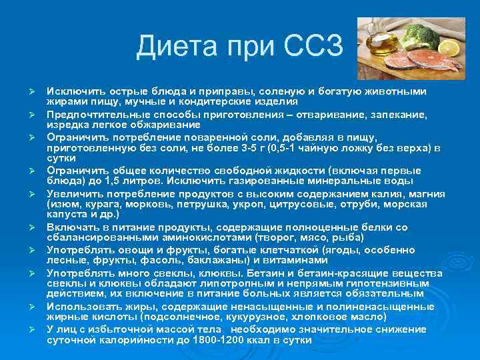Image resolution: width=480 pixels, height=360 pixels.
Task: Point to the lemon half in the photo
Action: pyautogui.click(x=449, y=49)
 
